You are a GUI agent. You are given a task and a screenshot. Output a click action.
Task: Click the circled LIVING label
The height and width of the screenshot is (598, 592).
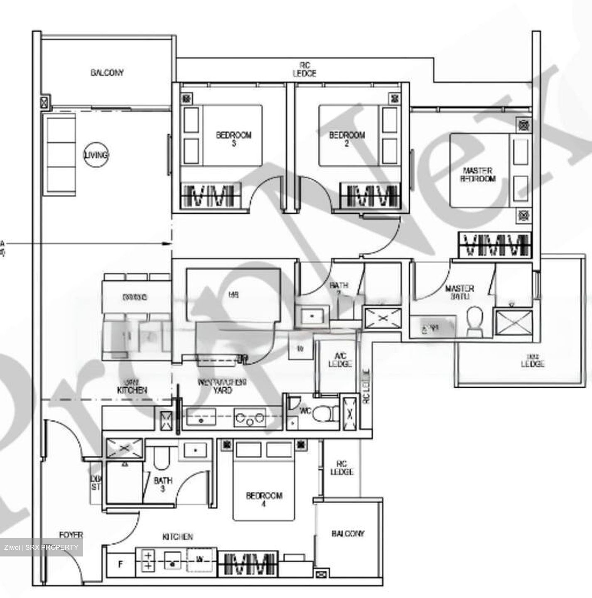(96, 155)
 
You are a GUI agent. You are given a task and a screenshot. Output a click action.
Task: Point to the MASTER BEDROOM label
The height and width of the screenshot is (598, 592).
(477, 175)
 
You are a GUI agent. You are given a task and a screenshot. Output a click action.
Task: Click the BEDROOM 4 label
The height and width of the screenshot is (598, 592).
(264, 500)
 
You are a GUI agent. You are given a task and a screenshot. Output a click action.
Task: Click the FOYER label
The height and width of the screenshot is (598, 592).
(71, 535)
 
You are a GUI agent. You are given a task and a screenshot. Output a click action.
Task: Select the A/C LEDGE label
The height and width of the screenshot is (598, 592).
(340, 360)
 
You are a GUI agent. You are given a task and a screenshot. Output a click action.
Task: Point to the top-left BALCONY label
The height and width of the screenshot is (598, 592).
(107, 73)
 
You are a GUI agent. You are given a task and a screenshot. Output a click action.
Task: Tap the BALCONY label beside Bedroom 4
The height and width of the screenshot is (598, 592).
(348, 534)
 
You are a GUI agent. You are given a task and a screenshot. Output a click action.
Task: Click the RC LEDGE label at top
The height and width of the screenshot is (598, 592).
(305, 69)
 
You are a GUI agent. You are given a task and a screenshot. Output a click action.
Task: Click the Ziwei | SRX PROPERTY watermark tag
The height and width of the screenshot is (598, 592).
(41, 547)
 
